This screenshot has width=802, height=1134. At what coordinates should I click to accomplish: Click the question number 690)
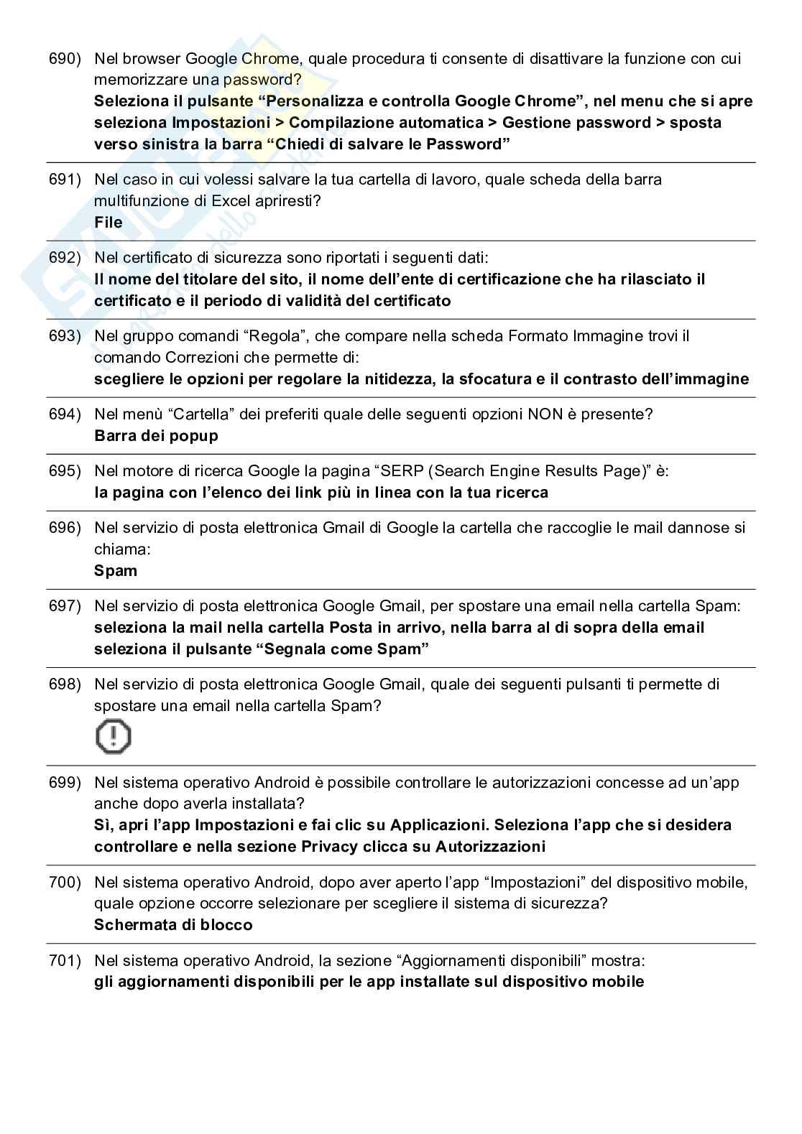65,58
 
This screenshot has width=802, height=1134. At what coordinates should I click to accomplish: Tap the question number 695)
65,471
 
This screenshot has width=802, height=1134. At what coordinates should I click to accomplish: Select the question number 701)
65,960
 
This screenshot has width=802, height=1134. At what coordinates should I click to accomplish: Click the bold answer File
109,223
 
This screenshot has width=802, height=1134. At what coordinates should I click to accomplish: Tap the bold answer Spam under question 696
116,571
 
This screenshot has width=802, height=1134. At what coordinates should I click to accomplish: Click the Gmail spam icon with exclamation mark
114,737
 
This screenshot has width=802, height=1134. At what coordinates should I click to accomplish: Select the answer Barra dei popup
156,436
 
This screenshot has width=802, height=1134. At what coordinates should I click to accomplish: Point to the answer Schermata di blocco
173,925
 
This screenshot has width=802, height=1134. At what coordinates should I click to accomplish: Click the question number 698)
65,684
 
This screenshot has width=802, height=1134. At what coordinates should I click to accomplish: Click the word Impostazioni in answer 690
221,123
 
